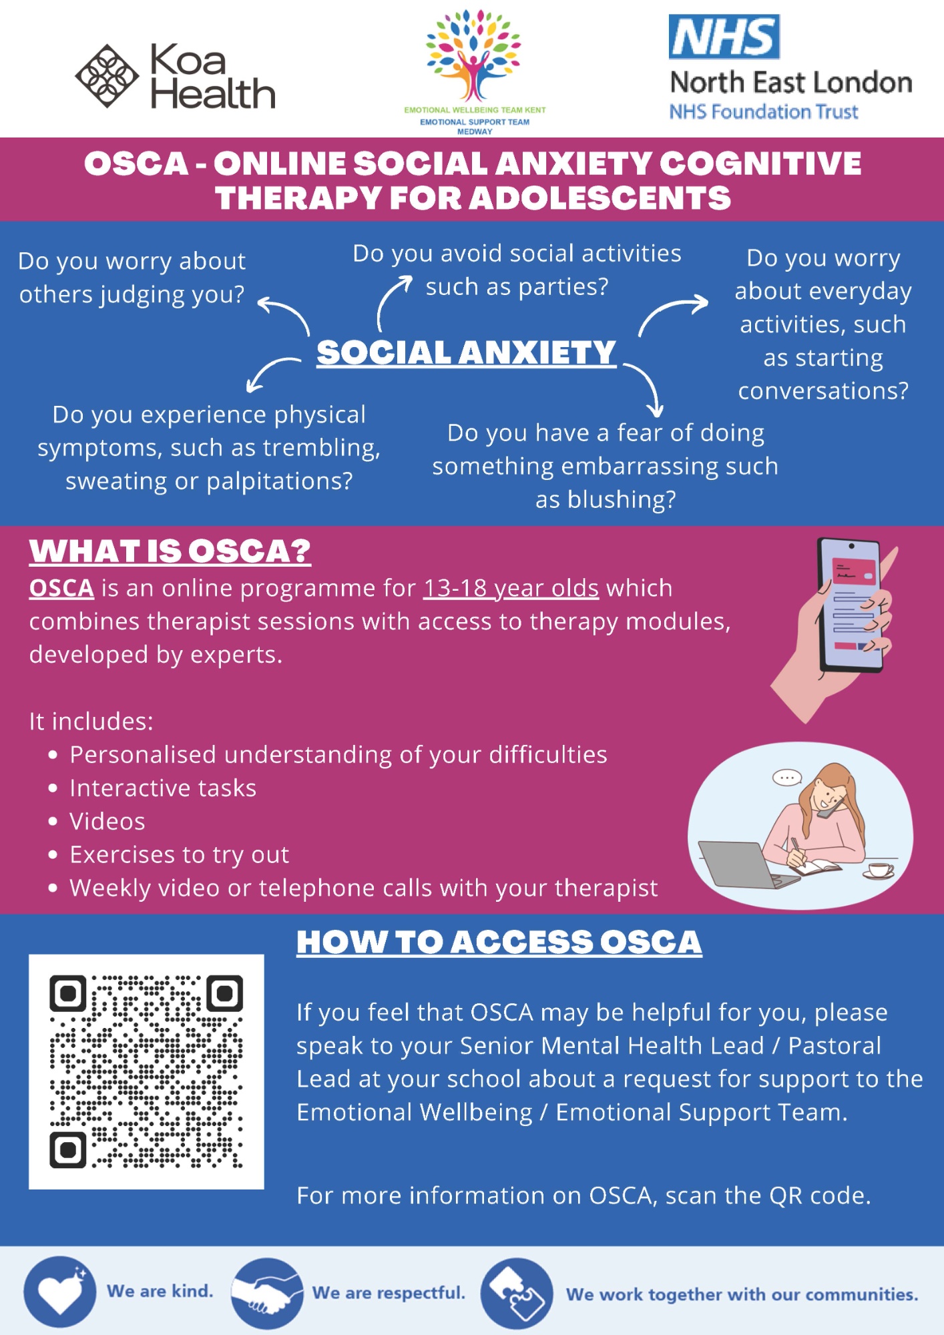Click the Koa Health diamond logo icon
pos(107,76)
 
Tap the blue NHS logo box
pos(724,37)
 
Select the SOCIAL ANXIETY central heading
pos(466,352)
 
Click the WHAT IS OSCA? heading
pos(170,551)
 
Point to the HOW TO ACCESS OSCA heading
pos(499,942)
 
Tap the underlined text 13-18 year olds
pos(511,588)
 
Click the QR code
pos(146,1071)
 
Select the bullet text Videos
pos(107,822)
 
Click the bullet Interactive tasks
pos(163,788)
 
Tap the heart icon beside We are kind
pos(59,1292)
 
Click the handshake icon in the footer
pos(267,1293)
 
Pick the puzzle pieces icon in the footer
pos(517,1294)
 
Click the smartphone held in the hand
pos(851,604)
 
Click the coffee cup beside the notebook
pos(880,869)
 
